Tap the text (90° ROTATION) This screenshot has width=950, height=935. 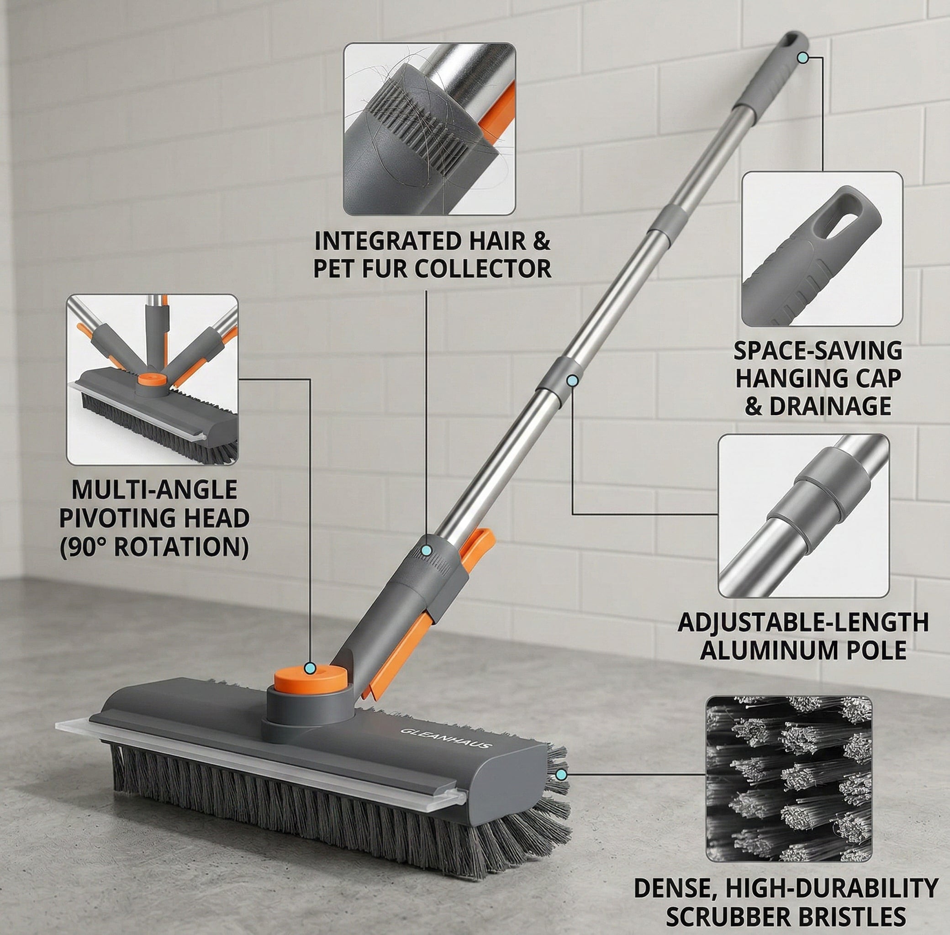[x=154, y=546]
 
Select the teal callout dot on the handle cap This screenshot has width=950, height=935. [x=802, y=58]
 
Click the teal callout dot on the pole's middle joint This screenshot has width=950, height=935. [x=572, y=380]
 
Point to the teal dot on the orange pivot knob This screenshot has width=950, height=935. [x=310, y=668]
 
